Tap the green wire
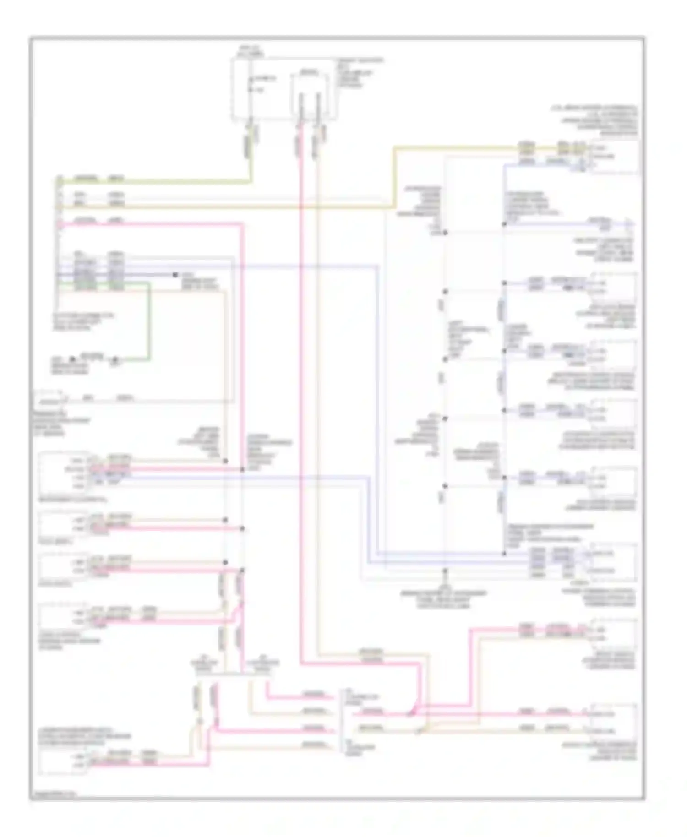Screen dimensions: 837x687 click(148, 321)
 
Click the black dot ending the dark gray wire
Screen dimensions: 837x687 click(175, 275)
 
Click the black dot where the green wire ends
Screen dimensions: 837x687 click(115, 359)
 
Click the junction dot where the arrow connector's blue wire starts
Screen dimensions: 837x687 click(504, 224)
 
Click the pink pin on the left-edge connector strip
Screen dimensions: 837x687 click(59, 224)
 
